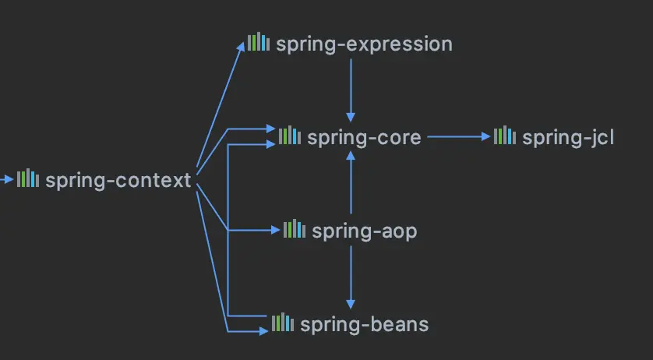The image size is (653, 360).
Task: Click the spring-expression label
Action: point(364,44)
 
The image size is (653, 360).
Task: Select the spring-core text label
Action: point(364,138)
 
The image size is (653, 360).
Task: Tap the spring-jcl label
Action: point(568,138)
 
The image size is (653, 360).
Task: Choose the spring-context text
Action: point(118,181)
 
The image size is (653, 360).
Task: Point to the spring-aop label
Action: point(364,231)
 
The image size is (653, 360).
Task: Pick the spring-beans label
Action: point(364,324)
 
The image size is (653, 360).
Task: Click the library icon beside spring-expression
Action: point(258,43)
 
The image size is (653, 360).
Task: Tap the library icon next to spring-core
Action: point(289,136)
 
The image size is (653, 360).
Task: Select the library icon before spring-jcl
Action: point(504,136)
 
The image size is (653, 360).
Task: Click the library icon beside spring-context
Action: point(28,179)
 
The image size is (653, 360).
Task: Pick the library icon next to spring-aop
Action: point(294,230)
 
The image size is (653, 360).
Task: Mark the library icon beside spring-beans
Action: point(282,323)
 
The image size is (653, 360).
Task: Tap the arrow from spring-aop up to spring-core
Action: point(351,183)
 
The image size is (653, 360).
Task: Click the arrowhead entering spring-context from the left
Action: point(9,180)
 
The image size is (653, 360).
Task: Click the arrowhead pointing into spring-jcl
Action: point(486,137)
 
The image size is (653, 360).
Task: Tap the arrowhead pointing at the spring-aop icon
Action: point(275,231)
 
